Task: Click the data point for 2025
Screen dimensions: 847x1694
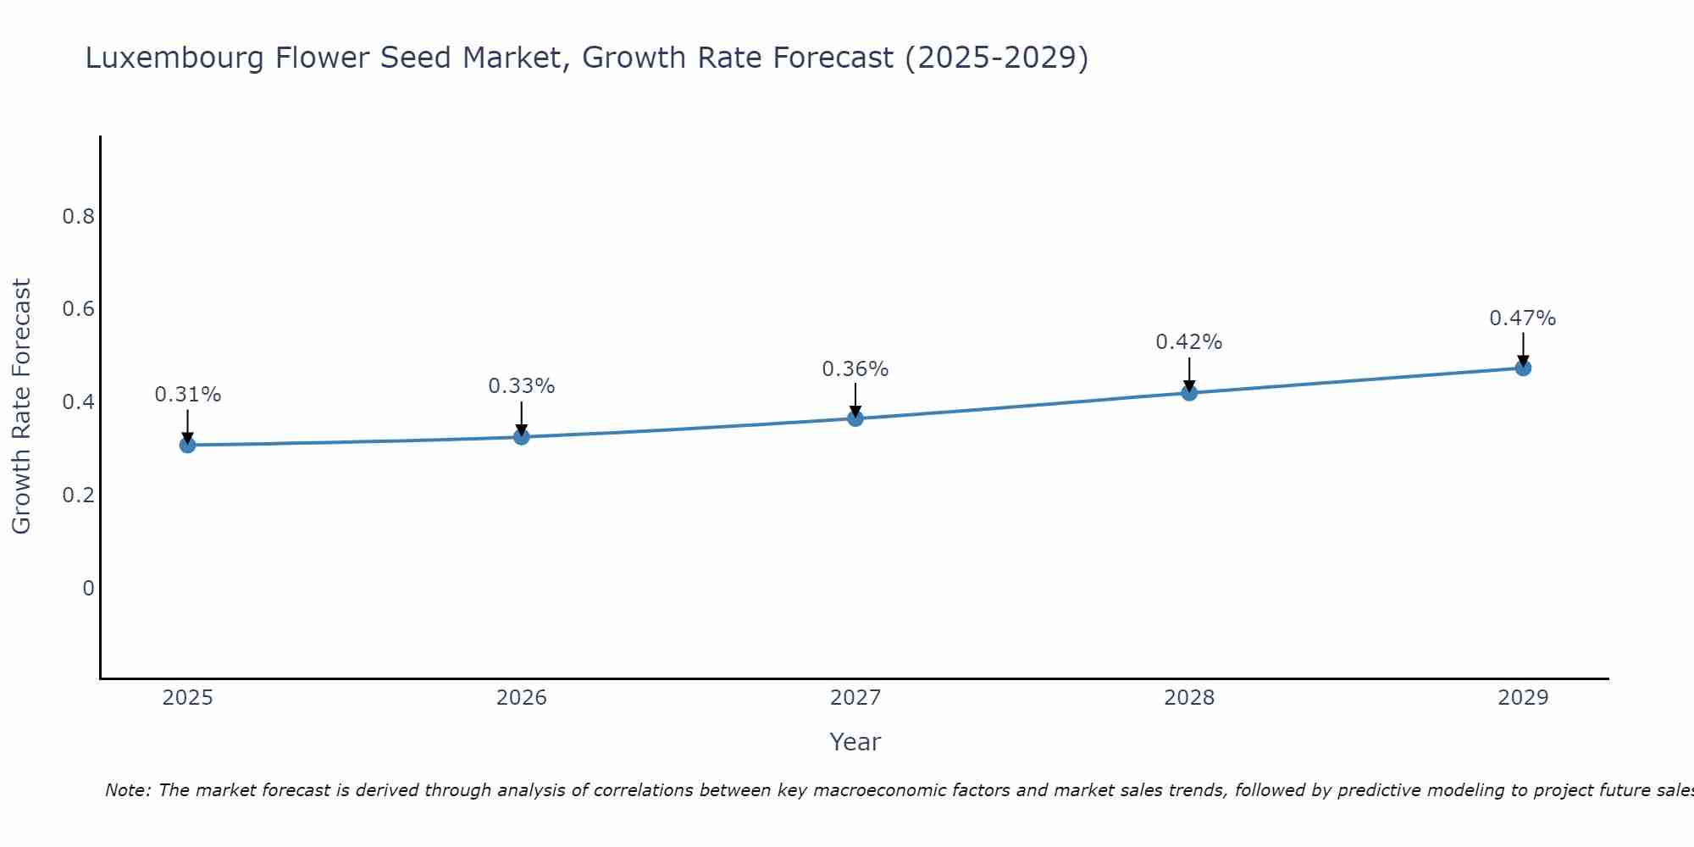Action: click(x=187, y=445)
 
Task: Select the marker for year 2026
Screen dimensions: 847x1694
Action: click(x=521, y=437)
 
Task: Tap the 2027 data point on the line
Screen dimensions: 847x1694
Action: click(x=855, y=418)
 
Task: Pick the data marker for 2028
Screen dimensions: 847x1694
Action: click(x=1188, y=392)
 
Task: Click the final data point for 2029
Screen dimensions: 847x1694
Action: click(x=1522, y=368)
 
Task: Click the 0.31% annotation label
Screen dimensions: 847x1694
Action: click(x=187, y=395)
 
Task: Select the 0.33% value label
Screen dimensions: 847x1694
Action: click(x=521, y=386)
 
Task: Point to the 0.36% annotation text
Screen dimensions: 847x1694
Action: click(x=855, y=369)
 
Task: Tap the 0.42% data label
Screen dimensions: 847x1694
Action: click(x=1188, y=342)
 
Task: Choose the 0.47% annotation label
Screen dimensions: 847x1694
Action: click(x=1522, y=318)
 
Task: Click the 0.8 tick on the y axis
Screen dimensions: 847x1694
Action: click(x=78, y=217)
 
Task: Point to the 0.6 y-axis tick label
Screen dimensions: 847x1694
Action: click(x=78, y=309)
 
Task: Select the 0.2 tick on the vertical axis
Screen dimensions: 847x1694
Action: click(x=78, y=495)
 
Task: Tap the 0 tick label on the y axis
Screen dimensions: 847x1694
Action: click(x=88, y=588)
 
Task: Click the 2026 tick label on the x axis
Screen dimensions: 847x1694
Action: click(x=521, y=698)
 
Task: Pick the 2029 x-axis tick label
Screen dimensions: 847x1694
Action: click(x=1522, y=698)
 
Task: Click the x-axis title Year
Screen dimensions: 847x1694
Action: click(x=855, y=742)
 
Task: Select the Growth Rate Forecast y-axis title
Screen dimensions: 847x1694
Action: click(x=22, y=407)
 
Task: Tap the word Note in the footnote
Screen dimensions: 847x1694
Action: click(x=127, y=790)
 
